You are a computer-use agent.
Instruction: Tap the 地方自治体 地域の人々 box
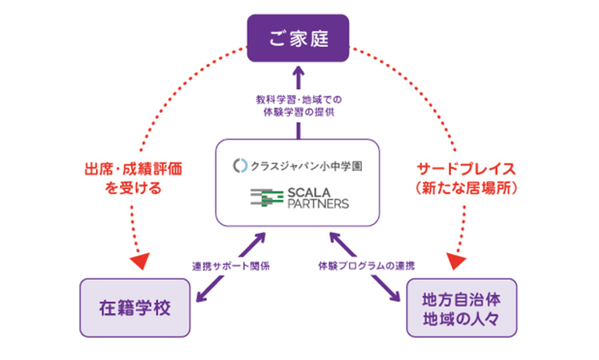point(461,308)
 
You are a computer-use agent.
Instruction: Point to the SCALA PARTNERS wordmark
point(317,198)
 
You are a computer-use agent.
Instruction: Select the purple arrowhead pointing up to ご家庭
point(299,73)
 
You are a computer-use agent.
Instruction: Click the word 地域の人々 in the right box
point(461,318)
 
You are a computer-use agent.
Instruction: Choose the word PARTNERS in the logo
point(317,205)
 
